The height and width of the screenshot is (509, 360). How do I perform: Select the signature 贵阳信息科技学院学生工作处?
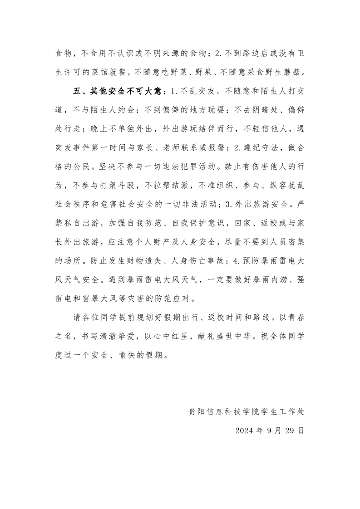coord(247,412)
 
